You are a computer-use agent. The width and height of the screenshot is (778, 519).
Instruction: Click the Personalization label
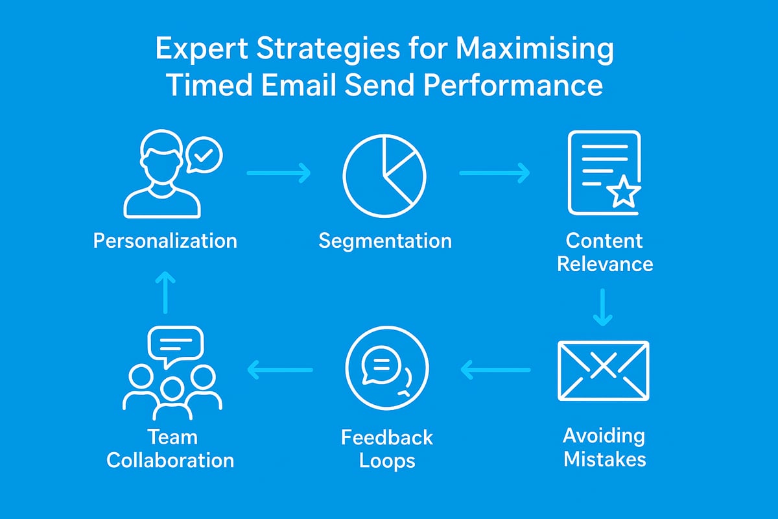coord(165,241)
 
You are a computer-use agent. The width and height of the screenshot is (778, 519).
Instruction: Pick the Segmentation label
coord(385,241)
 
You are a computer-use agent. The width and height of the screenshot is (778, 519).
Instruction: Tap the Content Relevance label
coord(604,252)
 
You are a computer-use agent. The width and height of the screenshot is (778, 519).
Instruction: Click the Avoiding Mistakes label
coord(604,447)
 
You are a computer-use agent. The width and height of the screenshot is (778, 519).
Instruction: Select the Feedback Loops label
coord(386,449)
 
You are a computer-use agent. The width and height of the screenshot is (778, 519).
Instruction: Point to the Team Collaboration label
coord(171,449)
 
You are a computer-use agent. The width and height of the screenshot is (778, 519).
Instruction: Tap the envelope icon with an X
coord(603,370)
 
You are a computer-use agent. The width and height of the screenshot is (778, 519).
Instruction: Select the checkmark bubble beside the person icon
coord(204,156)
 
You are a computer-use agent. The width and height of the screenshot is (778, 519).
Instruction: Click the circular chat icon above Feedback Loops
coord(386,370)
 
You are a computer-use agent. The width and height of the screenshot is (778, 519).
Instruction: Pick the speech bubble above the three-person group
coord(176,343)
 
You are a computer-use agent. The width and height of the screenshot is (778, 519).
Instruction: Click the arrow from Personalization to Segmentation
coord(279,173)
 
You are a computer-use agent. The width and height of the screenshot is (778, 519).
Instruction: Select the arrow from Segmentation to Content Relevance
coord(494,173)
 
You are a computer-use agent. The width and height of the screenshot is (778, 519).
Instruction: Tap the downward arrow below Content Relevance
coord(603,307)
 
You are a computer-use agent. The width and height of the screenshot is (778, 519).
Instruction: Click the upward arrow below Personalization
coord(166,292)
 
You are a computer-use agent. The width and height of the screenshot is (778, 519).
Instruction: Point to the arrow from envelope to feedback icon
coord(495,370)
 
